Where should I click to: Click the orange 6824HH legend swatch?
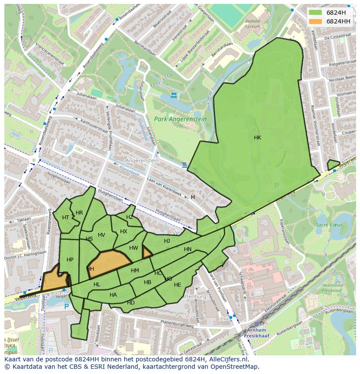pos(316,21)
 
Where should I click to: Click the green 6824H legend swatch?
pos(316,13)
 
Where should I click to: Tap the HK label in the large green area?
pos(257,137)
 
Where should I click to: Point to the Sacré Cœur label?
pos(329,225)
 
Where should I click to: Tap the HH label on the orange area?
pos(90,269)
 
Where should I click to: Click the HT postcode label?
pos(66,217)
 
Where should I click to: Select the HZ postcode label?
pos(130,217)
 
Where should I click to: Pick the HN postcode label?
pos(187,249)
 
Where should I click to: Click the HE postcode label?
pos(177,285)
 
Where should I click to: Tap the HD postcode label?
pos(130,302)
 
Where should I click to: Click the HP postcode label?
pos(70,259)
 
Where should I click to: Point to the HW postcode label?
pos(133,248)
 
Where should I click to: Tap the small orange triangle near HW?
pos(147,252)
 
